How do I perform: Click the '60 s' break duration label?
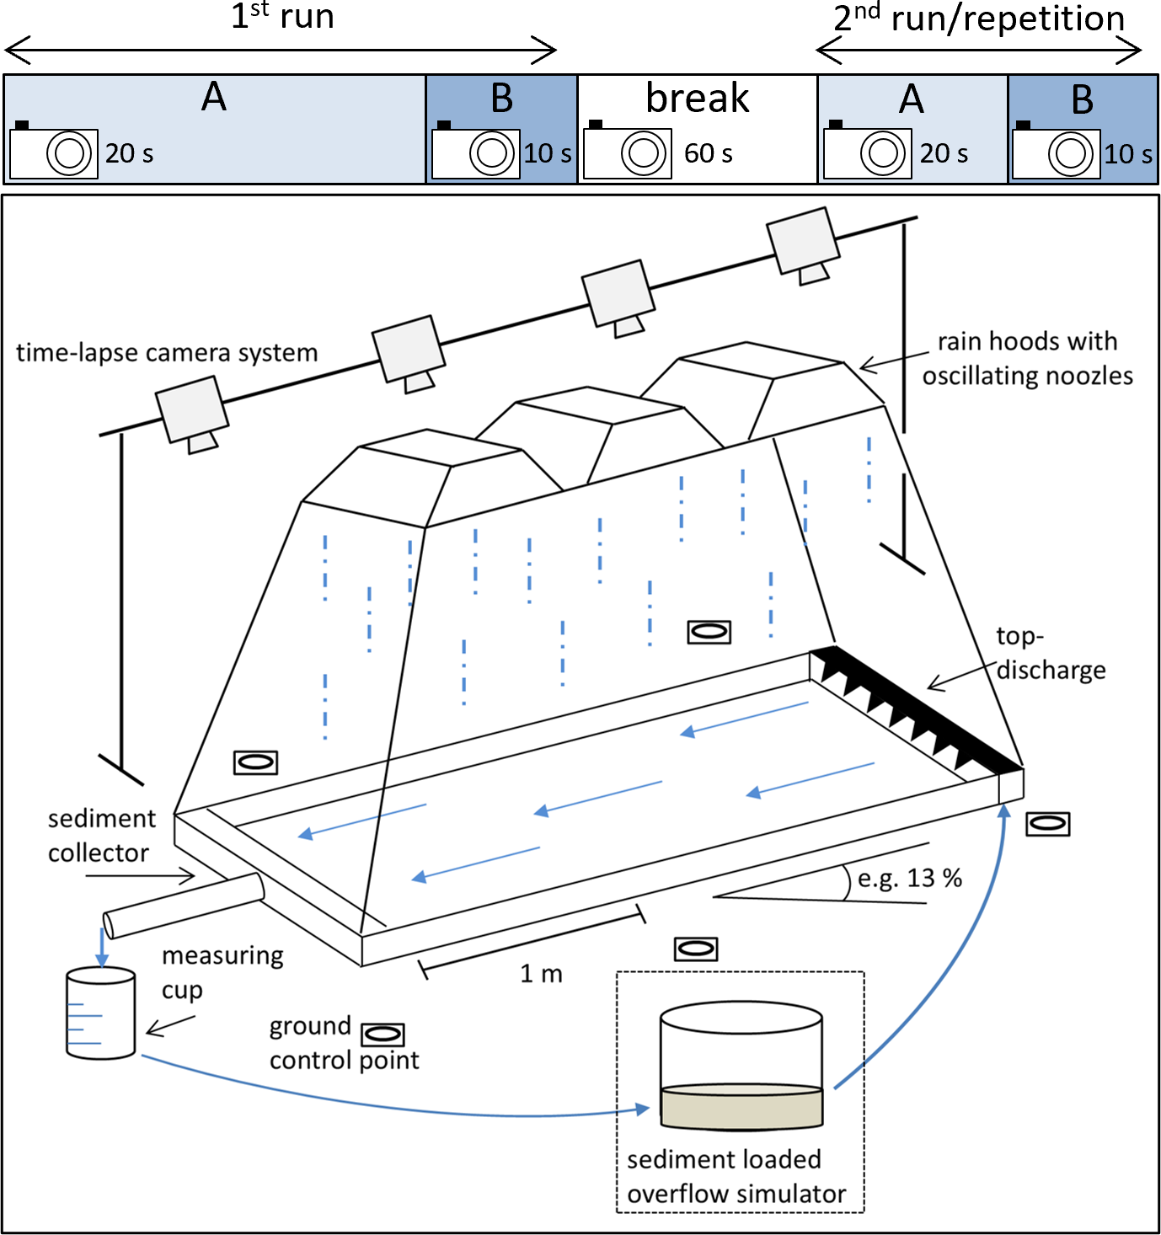708,153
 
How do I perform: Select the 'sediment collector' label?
101,836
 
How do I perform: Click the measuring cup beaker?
101,1013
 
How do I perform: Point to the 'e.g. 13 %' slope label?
909,879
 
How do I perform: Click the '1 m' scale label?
541,974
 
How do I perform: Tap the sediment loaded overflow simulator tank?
741,1067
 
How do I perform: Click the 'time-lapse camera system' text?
167,352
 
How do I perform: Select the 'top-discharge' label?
1050,653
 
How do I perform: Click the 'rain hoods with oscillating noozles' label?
1027,358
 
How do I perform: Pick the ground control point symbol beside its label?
383,1034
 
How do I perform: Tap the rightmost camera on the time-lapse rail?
803,243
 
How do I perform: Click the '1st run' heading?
282,17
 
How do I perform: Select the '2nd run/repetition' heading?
978,19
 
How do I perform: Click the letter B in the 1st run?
501,99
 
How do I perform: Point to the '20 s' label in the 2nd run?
944,153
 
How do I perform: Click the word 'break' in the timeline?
697,99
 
